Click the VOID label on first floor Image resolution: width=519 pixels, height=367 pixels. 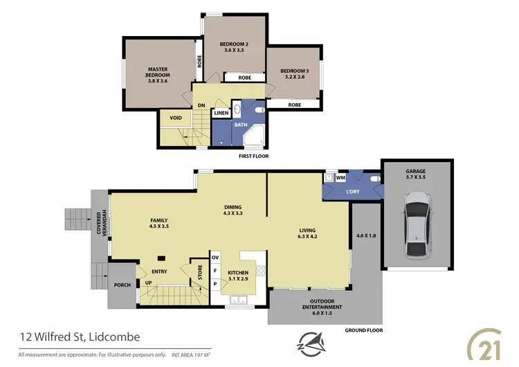(176, 118)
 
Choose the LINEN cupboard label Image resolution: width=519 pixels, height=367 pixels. (221, 113)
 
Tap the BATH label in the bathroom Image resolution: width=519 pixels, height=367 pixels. (240, 125)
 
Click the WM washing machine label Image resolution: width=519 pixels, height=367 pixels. (340, 178)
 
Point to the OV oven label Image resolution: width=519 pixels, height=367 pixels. (215, 258)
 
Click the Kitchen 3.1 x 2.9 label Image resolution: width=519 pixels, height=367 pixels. (239, 276)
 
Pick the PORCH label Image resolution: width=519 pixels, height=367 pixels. (122, 285)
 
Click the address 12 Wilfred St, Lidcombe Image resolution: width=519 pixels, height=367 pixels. (79, 337)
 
